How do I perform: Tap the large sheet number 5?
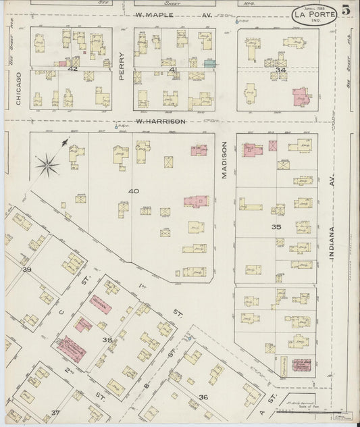pyautogui.click(x=345, y=10)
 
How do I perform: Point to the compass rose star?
pyautogui.click(x=49, y=163)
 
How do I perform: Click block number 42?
pyautogui.click(x=74, y=69)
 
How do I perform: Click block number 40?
pyautogui.click(x=133, y=191)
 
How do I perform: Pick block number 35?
pyautogui.click(x=276, y=227)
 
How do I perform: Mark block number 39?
pyautogui.click(x=27, y=270)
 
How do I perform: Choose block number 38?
pyautogui.click(x=107, y=340)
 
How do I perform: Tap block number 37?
pyautogui.click(x=55, y=411)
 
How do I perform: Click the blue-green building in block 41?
pyautogui.click(x=209, y=63)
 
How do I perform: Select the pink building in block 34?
pyautogui.click(x=299, y=97)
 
